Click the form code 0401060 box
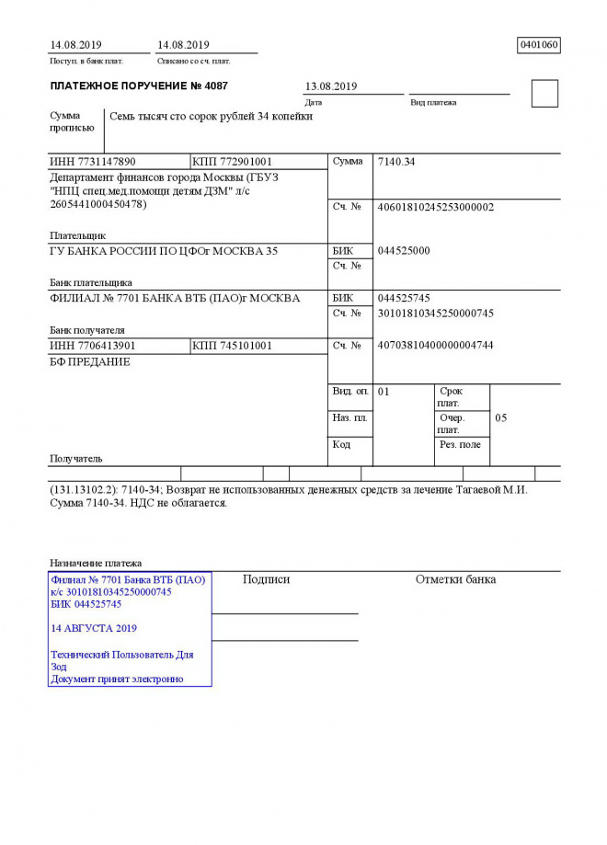coord(539,45)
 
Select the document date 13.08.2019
coord(330,86)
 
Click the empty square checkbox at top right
coord(544,94)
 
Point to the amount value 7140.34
coord(396,162)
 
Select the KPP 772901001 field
coord(232,162)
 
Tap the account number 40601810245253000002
coord(436,207)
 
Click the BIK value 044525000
coord(404,251)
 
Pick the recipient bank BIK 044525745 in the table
coord(404,298)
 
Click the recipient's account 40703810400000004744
coord(436,345)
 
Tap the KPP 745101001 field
coord(232,345)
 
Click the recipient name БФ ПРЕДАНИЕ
coord(89,362)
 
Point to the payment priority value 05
coord(501,417)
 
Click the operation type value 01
coord(384,392)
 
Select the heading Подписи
coord(266,579)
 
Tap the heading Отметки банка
coord(455,579)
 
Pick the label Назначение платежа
coord(96,563)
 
